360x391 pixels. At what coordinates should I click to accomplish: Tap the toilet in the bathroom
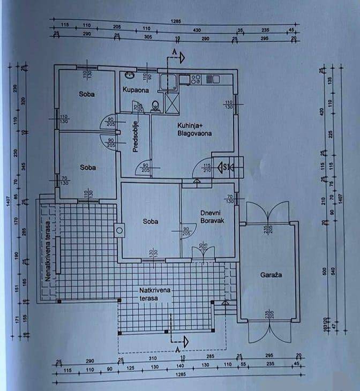[155, 106]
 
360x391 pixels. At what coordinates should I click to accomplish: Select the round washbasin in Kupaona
[129, 76]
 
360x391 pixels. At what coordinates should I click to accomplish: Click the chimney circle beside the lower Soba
[119, 231]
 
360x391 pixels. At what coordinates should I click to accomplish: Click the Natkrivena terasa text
[154, 293]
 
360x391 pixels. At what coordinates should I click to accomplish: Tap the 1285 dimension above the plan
[176, 21]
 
